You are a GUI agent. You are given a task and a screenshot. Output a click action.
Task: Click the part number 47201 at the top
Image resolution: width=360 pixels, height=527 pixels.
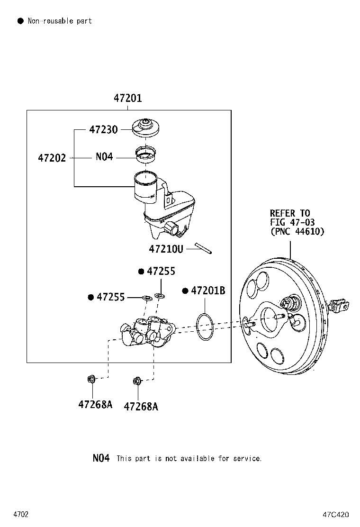127,99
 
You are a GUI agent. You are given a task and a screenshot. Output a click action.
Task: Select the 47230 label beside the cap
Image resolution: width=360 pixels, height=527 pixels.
103,129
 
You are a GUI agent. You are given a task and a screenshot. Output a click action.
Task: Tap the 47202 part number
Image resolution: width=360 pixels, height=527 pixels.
52,157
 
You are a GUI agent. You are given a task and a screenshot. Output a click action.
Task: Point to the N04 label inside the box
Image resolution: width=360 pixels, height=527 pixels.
104,157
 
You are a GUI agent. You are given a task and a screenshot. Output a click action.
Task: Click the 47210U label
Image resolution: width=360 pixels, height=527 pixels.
166,248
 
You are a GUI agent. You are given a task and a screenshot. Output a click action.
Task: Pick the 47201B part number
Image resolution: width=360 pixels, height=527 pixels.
208,291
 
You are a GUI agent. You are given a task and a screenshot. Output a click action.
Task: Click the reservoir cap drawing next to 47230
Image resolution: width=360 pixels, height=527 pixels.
145,128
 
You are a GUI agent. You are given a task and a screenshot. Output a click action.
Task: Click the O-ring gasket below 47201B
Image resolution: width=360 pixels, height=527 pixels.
205,326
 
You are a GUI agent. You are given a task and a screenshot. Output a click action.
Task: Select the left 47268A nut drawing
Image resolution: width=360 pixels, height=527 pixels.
91,379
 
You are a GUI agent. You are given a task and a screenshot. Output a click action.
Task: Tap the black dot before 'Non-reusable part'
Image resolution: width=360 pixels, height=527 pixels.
20,21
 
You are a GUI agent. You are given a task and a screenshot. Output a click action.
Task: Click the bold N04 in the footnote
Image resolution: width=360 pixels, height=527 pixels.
101,458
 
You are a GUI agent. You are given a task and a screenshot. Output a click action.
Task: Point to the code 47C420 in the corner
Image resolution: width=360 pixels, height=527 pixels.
336,514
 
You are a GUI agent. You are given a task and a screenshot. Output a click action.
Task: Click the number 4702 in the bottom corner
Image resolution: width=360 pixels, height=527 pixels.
21,514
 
